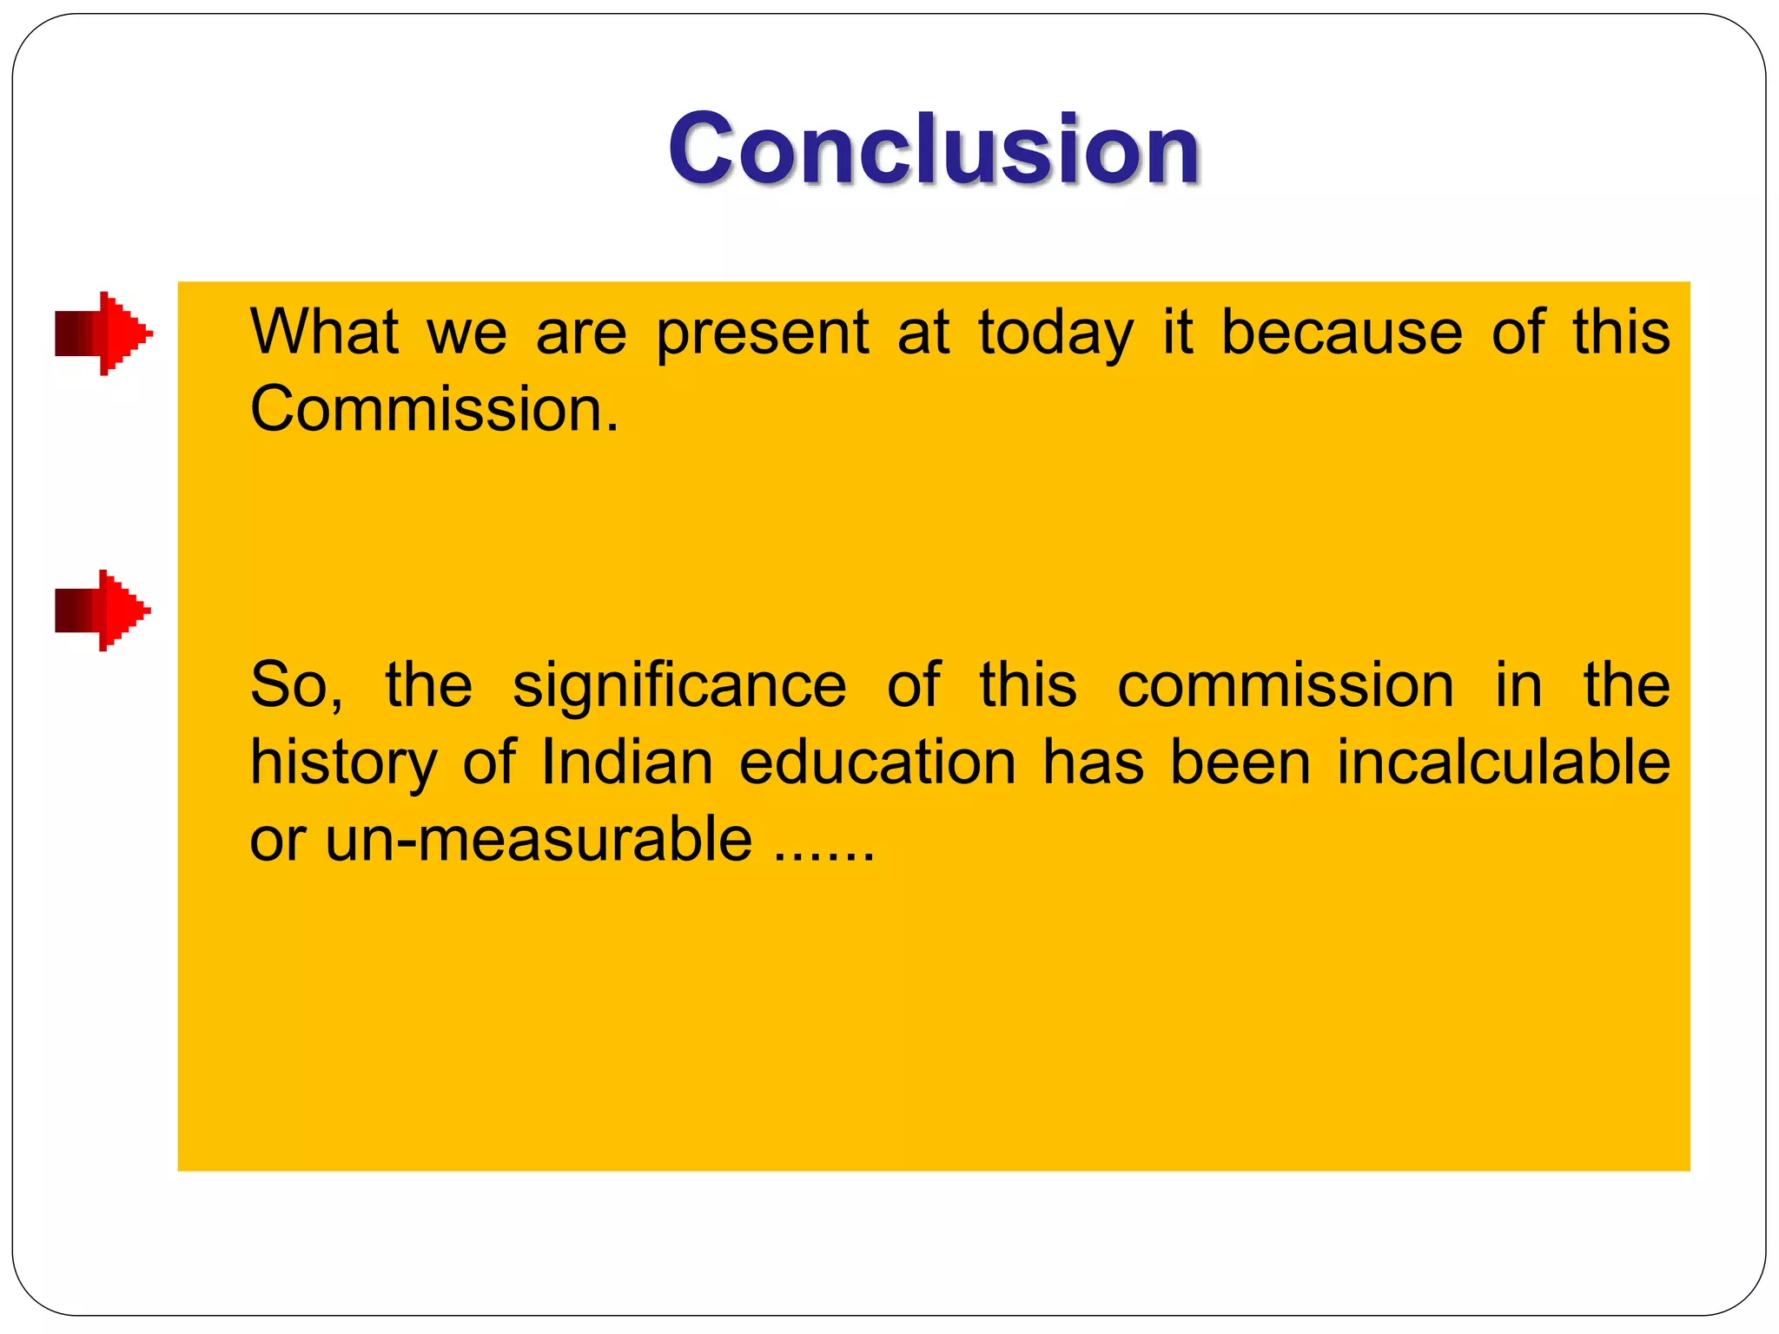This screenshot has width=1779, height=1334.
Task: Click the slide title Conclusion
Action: click(x=934, y=149)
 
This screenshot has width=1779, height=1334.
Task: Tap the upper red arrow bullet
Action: click(x=103, y=333)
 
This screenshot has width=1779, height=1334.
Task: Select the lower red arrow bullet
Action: click(x=103, y=611)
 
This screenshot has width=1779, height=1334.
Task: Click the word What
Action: click(x=324, y=332)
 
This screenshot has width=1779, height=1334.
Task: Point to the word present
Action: click(x=762, y=333)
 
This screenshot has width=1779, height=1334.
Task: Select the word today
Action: click(x=1055, y=333)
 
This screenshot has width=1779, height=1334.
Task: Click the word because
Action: click(x=1341, y=332)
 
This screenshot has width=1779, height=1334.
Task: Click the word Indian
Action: click(x=626, y=763)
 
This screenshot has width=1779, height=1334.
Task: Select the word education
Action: click(x=877, y=763)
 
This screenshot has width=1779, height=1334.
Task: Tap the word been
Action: click(x=1240, y=763)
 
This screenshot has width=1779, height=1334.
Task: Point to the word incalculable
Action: click(x=1503, y=763)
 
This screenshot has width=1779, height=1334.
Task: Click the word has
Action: click(x=1093, y=763)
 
